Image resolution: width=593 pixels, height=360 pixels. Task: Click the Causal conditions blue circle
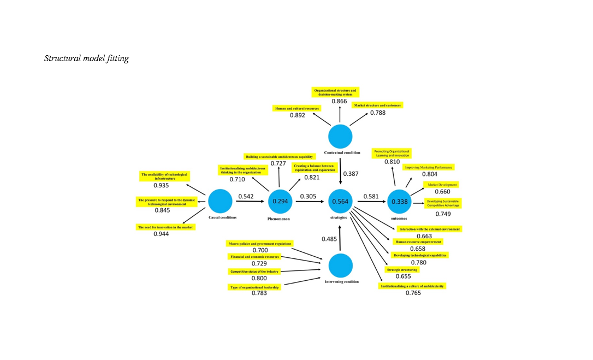[x=220, y=201]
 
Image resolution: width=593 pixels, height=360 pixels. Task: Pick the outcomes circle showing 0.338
[x=399, y=201]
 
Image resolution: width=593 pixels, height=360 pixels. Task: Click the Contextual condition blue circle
[x=340, y=135]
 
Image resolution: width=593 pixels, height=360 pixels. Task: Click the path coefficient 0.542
[x=246, y=196]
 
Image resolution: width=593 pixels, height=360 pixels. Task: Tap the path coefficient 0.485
[x=329, y=239]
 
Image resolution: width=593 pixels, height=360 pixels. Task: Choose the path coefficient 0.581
[x=371, y=196]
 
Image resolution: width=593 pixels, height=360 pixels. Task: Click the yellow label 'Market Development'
[x=443, y=185]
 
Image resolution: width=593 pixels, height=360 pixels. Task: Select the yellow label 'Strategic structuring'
[x=402, y=270]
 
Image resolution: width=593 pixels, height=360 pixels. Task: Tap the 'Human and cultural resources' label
[x=296, y=109]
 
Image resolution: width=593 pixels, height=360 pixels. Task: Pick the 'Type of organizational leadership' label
[x=254, y=287]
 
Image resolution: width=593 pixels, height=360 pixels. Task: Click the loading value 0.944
[x=161, y=234]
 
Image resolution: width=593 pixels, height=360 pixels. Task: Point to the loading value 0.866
[x=339, y=102]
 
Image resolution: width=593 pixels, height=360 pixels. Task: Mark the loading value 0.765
[x=413, y=293]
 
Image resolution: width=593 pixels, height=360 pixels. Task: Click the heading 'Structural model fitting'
[x=86, y=58]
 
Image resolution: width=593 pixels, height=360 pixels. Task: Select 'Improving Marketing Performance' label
[x=429, y=167]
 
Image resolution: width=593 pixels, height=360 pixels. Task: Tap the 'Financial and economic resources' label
[x=254, y=256]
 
